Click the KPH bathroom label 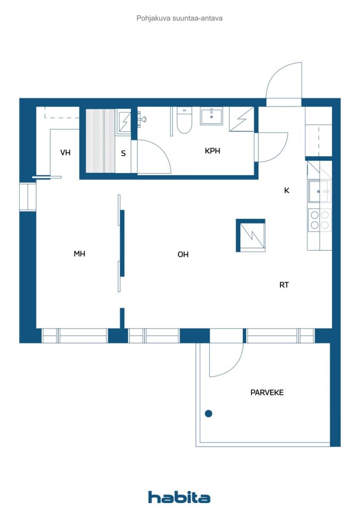click(x=212, y=151)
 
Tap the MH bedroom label click(x=80, y=254)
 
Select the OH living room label click(x=183, y=254)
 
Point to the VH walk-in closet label click(x=65, y=152)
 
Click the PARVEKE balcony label click(x=267, y=393)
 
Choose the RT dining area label click(x=284, y=285)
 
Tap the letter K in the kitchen click(x=286, y=190)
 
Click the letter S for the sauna click(x=123, y=153)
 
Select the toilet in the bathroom click(x=184, y=120)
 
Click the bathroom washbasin click(x=211, y=116)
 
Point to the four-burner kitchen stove click(x=319, y=219)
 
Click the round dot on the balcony click(x=208, y=413)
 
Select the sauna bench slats click(x=100, y=141)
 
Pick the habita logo click(x=179, y=497)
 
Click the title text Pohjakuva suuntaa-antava click(x=180, y=18)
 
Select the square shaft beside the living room click(x=251, y=235)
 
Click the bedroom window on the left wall click(x=27, y=197)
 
